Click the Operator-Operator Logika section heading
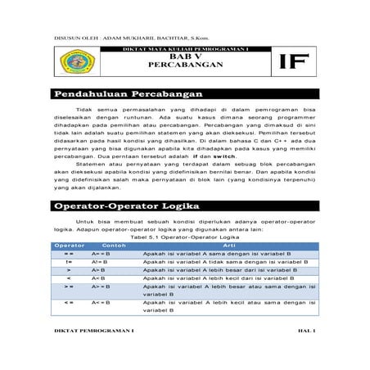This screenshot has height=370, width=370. click(127, 208)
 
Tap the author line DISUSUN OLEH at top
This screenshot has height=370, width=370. click(121, 38)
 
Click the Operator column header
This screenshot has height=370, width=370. click(69, 246)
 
